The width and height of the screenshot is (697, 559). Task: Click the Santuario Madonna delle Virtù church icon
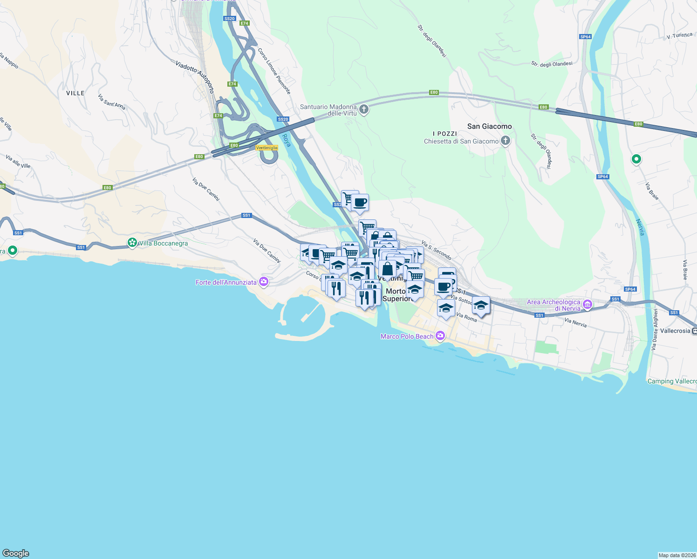click(364, 110)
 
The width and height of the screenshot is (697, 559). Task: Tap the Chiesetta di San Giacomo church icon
click(506, 141)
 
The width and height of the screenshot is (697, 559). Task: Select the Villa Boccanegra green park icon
click(133, 243)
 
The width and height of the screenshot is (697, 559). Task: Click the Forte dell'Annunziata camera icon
click(264, 282)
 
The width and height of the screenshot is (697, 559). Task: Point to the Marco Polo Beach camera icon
click(440, 336)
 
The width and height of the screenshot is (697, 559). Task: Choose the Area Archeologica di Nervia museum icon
click(588, 305)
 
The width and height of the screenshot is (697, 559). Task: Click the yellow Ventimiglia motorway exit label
click(267, 148)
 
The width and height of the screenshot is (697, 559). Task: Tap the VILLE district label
click(75, 93)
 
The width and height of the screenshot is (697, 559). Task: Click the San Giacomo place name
click(489, 126)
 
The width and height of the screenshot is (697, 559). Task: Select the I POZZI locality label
click(445, 134)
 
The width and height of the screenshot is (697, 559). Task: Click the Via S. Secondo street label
click(436, 250)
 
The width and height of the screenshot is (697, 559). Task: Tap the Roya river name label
click(287, 140)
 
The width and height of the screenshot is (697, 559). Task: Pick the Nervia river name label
click(640, 227)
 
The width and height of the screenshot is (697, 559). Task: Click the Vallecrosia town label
click(675, 331)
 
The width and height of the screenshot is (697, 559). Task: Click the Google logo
click(16, 553)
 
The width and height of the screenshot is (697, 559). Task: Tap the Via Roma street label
click(466, 317)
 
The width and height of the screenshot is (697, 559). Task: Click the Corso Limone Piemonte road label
click(274, 71)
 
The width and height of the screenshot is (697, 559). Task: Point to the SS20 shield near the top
click(229, 19)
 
